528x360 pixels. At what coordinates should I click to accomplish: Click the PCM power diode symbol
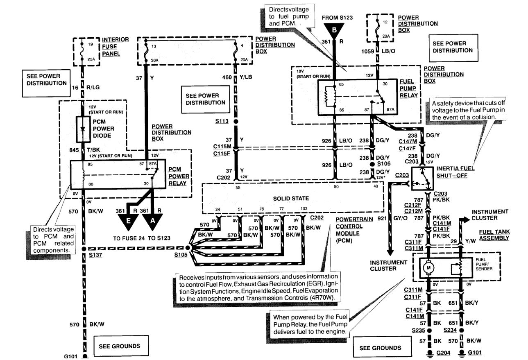coord(83,128)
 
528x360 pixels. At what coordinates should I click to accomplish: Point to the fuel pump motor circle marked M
coord(428,268)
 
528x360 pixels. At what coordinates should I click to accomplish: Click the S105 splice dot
coord(188,248)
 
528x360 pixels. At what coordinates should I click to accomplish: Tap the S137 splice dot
coord(83,248)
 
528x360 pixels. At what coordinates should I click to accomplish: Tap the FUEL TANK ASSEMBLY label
coord(494,235)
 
